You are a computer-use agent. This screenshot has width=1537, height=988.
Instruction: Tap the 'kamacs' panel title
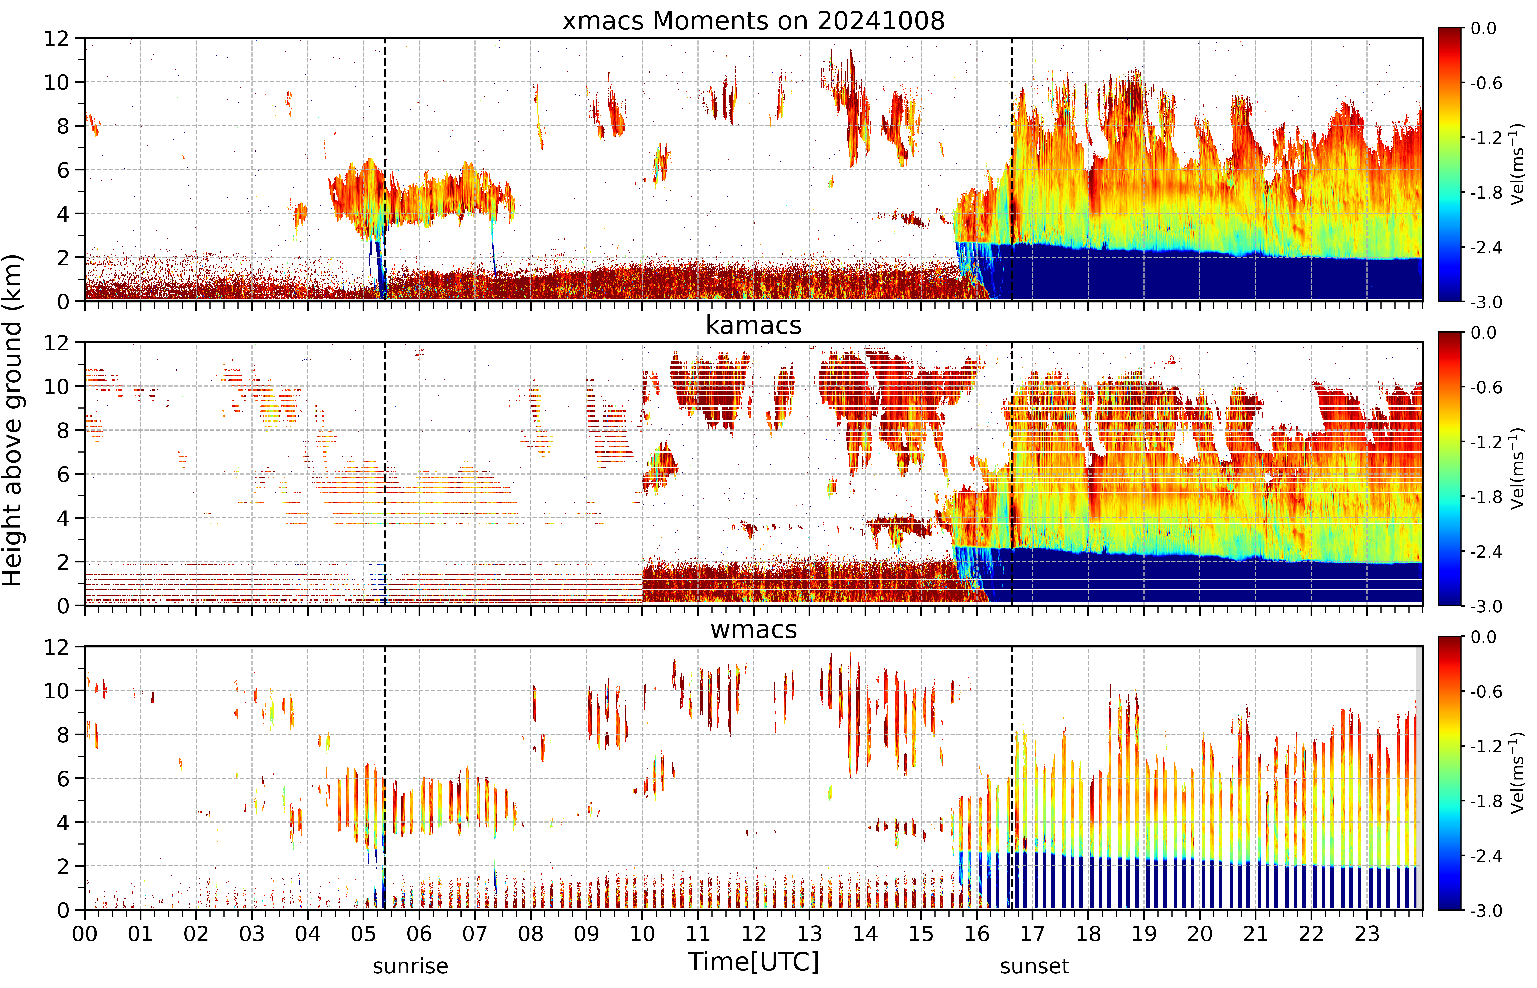coord(753,325)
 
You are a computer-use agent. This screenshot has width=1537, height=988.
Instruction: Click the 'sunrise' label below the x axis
coord(410,966)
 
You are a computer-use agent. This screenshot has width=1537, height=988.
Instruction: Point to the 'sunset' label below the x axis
coord(1034,966)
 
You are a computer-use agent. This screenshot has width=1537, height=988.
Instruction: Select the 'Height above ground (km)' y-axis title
coord(13,420)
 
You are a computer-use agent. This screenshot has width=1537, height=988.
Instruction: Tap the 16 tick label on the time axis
coord(977,933)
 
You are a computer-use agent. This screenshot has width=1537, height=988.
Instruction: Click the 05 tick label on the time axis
coord(363,933)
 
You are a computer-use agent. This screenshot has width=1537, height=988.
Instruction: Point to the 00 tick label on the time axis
coord(85,933)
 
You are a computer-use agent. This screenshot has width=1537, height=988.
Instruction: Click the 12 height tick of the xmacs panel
coord(56,39)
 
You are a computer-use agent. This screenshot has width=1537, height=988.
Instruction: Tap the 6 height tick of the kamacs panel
coord(63,474)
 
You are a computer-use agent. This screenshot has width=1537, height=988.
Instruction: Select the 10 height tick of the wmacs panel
coord(56,691)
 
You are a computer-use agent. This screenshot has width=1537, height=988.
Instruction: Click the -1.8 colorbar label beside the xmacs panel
coord(1486,193)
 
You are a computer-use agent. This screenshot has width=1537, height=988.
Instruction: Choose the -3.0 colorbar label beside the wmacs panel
coord(1486,910)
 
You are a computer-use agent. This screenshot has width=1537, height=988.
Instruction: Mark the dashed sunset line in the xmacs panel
coord(1012,169)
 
